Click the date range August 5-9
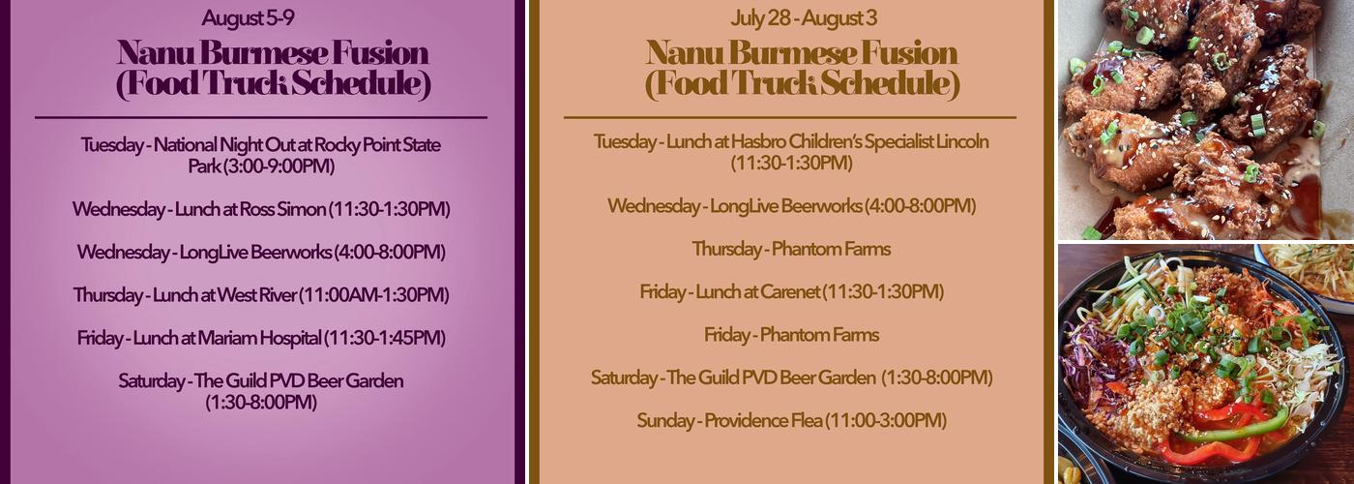pos(260,17)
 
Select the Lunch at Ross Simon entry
pos(260,209)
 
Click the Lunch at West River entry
pos(260,295)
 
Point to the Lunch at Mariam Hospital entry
pos(260,338)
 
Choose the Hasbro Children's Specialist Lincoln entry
pos(791,142)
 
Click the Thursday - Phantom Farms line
pos(791,249)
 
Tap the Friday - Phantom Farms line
pos(791,335)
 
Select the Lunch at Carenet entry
pos(791,291)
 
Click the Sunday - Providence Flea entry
pos(791,421)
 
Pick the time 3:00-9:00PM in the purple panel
pos(280,166)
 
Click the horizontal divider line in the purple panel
pos(260,117)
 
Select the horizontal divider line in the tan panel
pos(790,117)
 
